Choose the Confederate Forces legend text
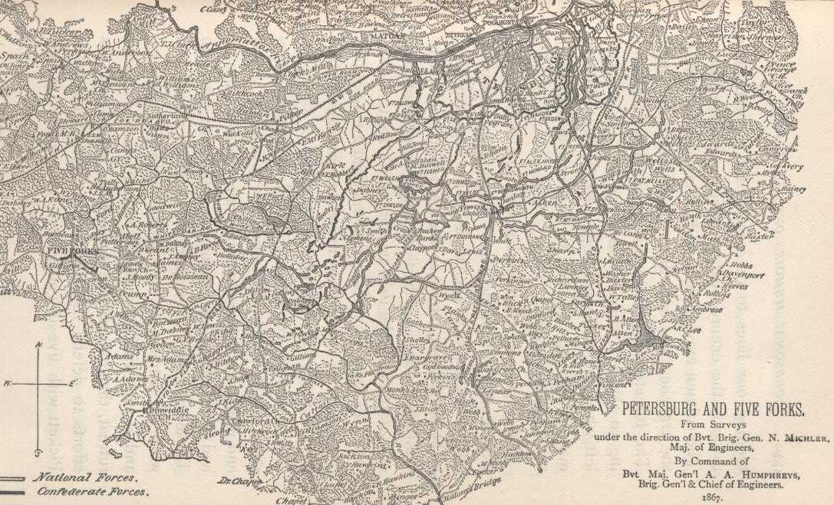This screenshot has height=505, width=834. coord(92,491)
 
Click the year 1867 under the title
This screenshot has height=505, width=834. coord(713,497)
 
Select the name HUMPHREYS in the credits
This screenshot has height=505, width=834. coord(760,474)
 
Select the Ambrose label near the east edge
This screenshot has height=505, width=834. coord(707,310)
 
